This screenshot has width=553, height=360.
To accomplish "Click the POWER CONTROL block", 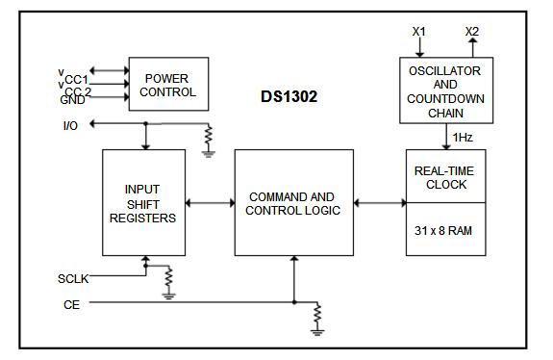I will point(169,85).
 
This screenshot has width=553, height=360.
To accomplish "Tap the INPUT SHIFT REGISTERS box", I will point(143,203).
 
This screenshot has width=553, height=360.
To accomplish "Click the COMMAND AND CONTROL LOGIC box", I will point(294,203).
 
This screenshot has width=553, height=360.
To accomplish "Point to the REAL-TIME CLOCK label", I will point(443,176).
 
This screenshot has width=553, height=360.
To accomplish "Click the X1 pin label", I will point(419,32).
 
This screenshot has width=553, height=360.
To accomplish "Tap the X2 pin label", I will point(471,32).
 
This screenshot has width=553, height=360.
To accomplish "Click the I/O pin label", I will point(70,125).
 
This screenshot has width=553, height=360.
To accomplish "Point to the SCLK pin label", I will point(73,279).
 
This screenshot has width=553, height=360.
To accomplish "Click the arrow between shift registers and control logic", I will point(210,203).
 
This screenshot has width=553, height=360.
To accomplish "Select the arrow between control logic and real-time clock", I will point(380,203).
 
